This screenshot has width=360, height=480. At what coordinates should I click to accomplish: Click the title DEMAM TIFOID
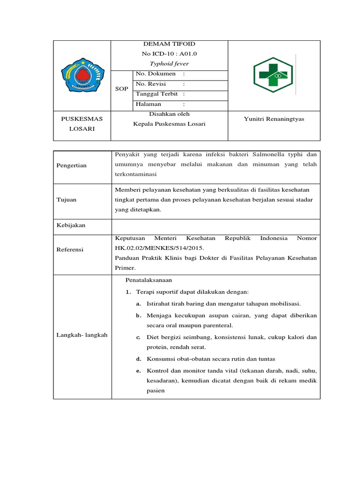click(169, 44)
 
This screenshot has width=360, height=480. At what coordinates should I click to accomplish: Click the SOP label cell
click(121, 89)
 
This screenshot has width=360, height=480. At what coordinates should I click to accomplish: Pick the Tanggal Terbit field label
click(157, 94)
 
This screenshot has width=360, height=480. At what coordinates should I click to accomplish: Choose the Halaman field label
click(148, 104)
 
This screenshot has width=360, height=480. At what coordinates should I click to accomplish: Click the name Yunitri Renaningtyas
click(274, 119)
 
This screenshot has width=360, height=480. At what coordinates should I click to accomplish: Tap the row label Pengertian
click(72, 165)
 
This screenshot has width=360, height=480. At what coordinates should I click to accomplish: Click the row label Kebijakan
click(71, 225)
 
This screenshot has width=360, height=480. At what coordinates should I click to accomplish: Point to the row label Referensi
click(70, 250)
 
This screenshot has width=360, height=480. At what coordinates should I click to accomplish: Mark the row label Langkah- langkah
click(82, 335)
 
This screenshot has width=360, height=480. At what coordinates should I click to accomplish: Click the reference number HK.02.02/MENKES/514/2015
click(160, 248)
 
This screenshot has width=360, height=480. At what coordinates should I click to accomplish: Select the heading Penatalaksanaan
click(149, 280)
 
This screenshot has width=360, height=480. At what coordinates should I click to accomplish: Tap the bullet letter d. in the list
click(139, 359)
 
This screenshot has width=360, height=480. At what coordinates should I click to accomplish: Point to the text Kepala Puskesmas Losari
click(169, 124)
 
